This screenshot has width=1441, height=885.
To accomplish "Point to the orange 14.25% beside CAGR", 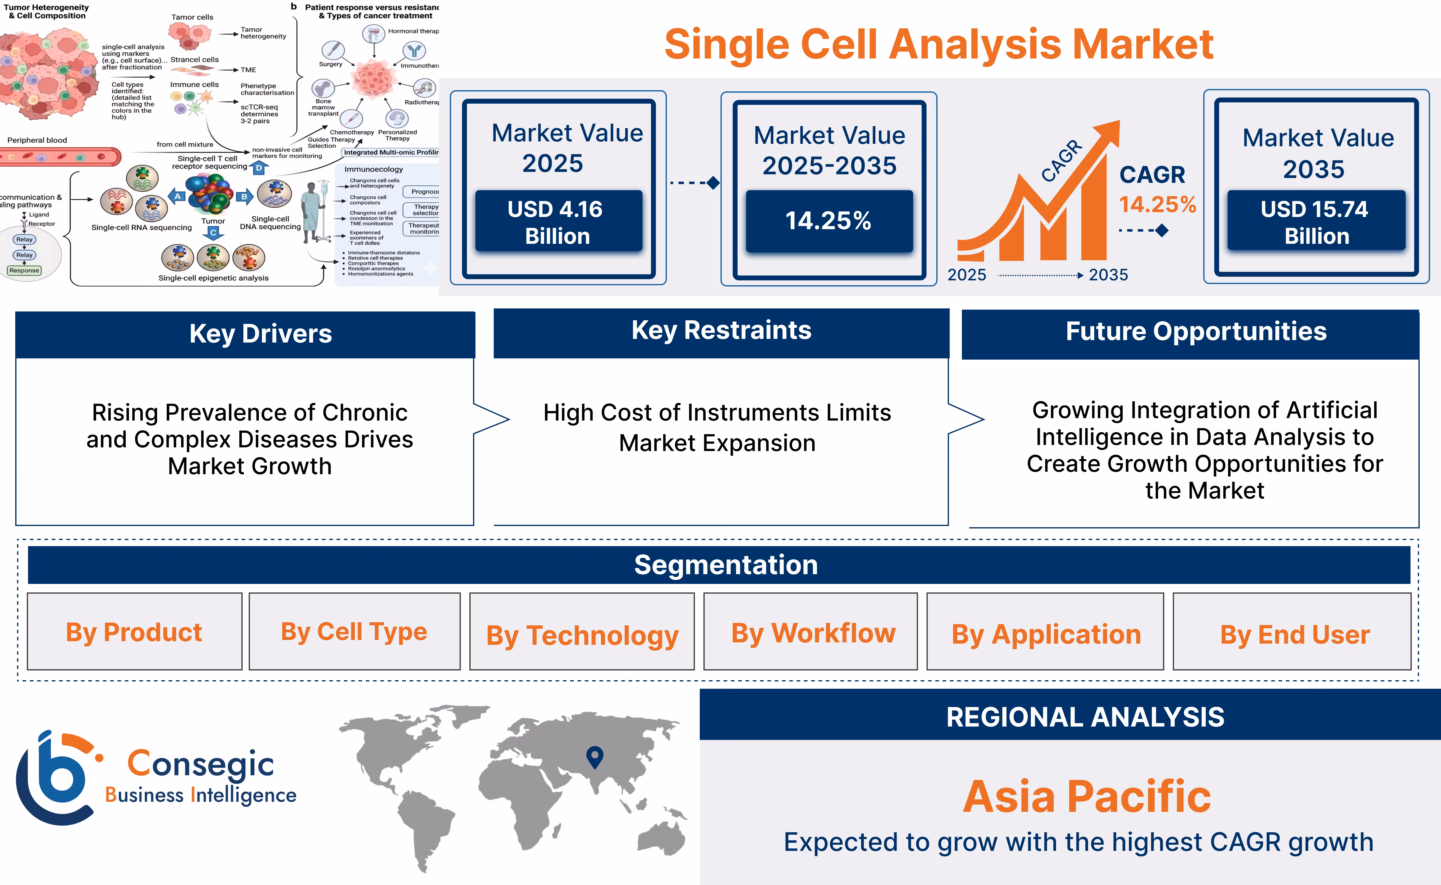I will tap(1157, 204).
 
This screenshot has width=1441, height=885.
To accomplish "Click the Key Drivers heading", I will tap(260, 334).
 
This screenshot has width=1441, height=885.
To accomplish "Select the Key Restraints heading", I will tap(721, 331).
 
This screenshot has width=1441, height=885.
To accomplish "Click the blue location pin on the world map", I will tap(595, 756).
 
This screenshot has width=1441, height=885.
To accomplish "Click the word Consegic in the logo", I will tap(201, 764).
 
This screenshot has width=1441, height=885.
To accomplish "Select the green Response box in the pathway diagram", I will tap(24, 270).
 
